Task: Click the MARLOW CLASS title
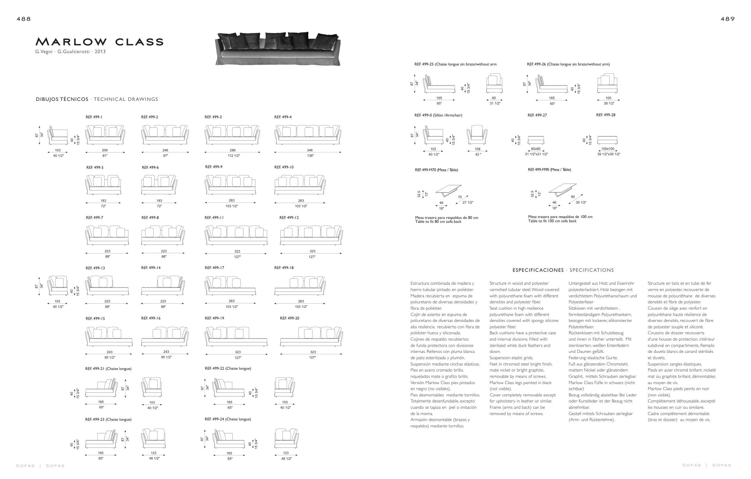(99, 41)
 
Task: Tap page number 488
(24, 19)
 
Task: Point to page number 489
(728, 19)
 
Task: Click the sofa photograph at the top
(278, 49)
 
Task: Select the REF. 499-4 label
(283, 117)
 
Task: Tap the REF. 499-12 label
(289, 218)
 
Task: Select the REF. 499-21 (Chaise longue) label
(108, 369)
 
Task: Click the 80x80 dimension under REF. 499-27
(536, 149)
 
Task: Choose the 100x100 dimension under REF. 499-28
(608, 149)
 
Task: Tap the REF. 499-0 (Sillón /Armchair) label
(438, 115)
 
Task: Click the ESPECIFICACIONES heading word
(538, 270)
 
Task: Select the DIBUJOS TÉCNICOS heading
(62, 99)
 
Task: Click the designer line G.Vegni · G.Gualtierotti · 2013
(71, 52)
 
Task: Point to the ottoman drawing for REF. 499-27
(536, 140)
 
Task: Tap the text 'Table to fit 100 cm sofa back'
(552, 221)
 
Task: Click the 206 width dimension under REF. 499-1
(105, 150)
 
